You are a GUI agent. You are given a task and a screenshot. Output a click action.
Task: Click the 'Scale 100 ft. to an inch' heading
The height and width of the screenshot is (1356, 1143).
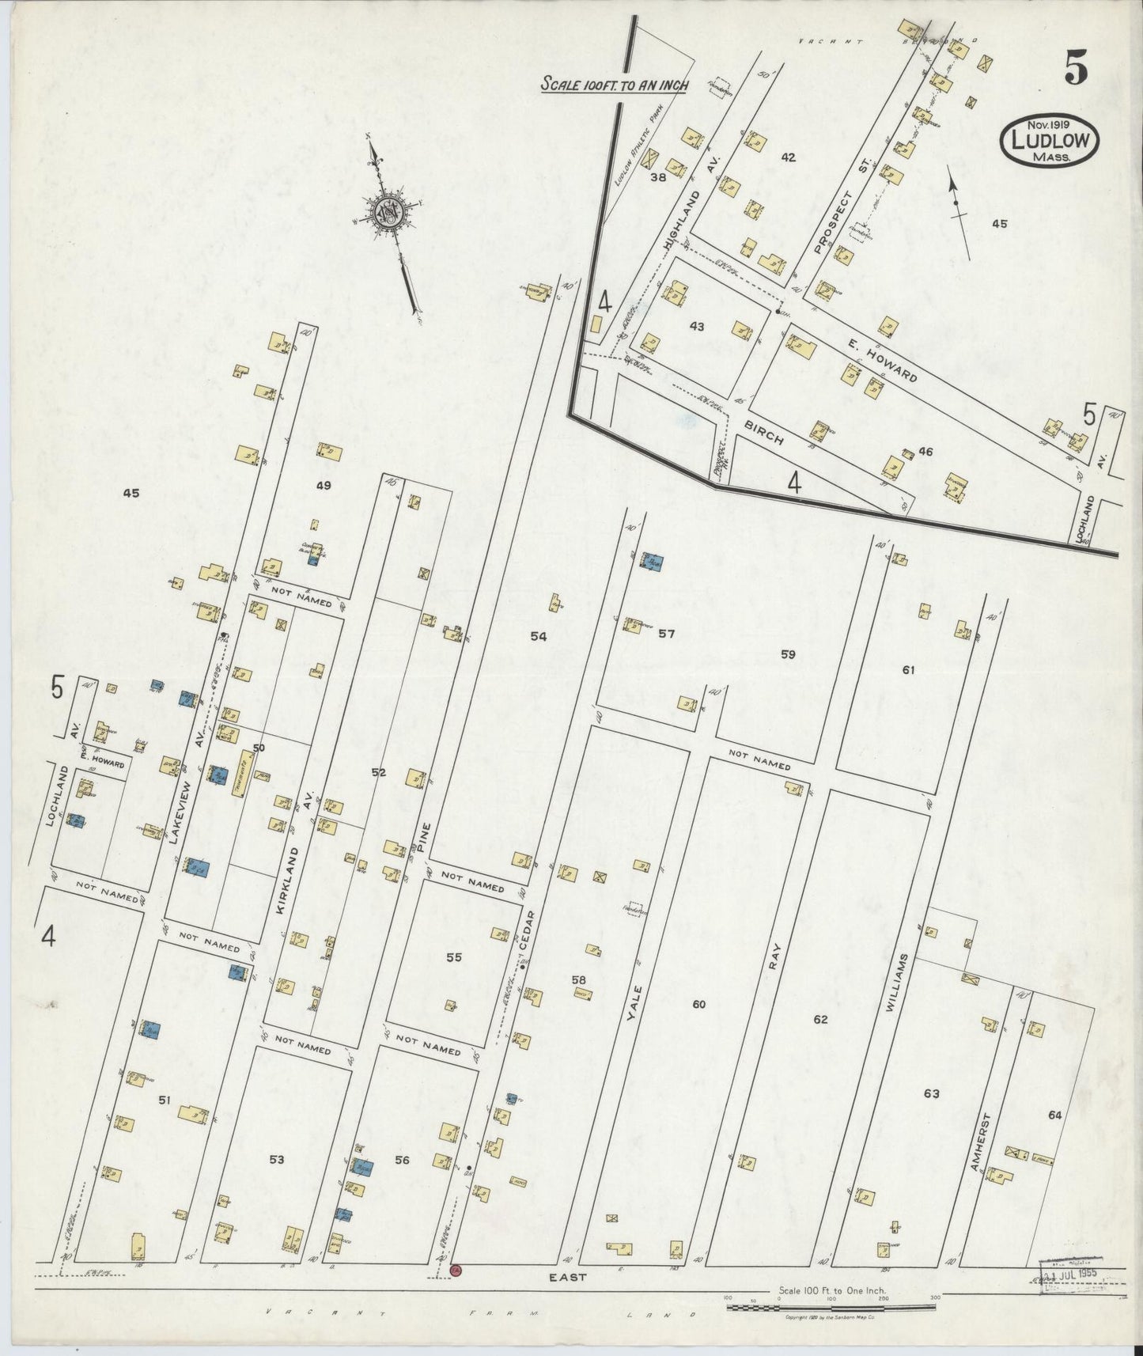point(614,85)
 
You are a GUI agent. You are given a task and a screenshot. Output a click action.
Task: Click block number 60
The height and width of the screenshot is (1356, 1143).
point(698,1005)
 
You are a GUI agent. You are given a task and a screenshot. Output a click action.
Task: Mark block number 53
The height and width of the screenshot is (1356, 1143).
point(276,1160)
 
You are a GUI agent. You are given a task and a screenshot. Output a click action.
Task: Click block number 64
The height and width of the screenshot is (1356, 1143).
point(1054,1115)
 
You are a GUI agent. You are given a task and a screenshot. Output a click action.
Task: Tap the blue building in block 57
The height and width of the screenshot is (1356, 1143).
point(653,562)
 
